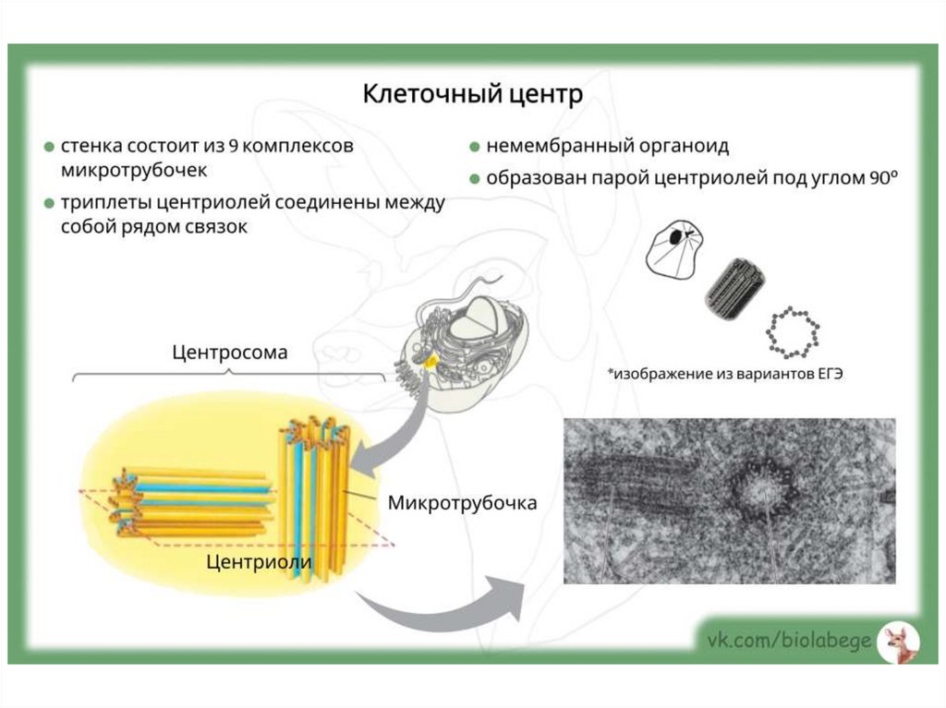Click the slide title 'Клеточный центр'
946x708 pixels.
click(472, 94)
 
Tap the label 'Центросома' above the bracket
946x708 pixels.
click(230, 353)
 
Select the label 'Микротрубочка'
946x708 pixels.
click(462, 504)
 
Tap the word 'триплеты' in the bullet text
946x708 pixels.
click(102, 202)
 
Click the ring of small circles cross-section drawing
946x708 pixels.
click(793, 333)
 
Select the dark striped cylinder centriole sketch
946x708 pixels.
click(734, 287)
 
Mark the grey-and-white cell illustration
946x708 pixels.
click(462, 346)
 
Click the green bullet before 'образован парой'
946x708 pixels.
click(474, 179)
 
